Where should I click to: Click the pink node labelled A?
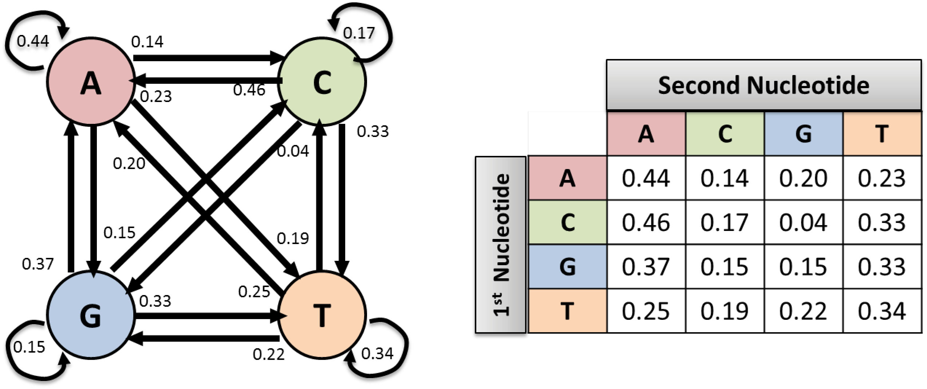[x=90, y=82]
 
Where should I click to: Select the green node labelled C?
[x=322, y=82]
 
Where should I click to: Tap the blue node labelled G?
[x=90, y=315]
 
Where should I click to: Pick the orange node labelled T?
[x=322, y=315]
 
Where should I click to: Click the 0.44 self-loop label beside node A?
[x=33, y=41]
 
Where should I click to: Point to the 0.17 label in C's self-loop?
[x=359, y=33]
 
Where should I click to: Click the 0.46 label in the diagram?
[x=249, y=90]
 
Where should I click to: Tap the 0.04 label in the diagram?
[x=293, y=151]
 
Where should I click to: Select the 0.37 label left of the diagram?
[x=38, y=264]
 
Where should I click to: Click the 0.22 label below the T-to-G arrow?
[x=269, y=354]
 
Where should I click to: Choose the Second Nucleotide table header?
[x=764, y=85]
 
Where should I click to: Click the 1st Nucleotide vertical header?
[x=501, y=245]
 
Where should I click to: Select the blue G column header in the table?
[x=804, y=134]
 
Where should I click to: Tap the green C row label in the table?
[x=567, y=222]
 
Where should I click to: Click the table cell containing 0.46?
[x=646, y=222]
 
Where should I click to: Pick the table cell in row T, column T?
[x=881, y=311]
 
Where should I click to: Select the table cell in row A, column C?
[x=725, y=178]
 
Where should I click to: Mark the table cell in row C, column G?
[x=803, y=222]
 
